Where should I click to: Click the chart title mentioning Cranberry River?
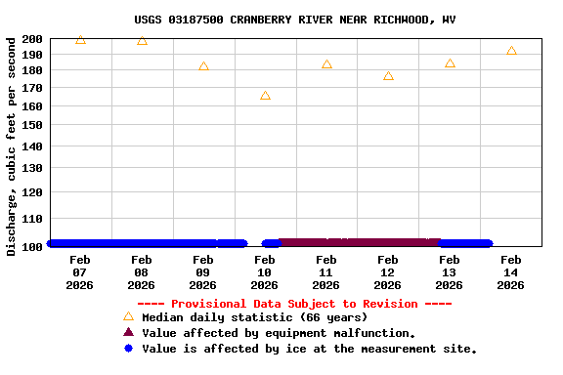click(294, 20)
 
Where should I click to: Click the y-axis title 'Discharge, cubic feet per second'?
click(12, 146)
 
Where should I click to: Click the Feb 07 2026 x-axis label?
click(80, 272)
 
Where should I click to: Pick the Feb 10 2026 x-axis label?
click(265, 272)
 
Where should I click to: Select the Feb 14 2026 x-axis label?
click(510, 272)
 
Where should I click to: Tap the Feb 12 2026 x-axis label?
click(387, 272)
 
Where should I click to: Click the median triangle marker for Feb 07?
click(80, 40)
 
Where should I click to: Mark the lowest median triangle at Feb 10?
click(265, 96)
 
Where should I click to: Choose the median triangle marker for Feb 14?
click(511, 51)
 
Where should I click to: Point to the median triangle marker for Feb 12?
click(388, 76)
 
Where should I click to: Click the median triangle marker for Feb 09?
click(203, 66)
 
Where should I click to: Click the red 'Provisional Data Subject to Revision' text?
click(294, 304)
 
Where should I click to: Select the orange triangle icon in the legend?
click(128, 316)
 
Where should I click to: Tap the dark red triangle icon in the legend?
click(128, 332)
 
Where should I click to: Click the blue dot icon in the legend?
click(128, 348)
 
